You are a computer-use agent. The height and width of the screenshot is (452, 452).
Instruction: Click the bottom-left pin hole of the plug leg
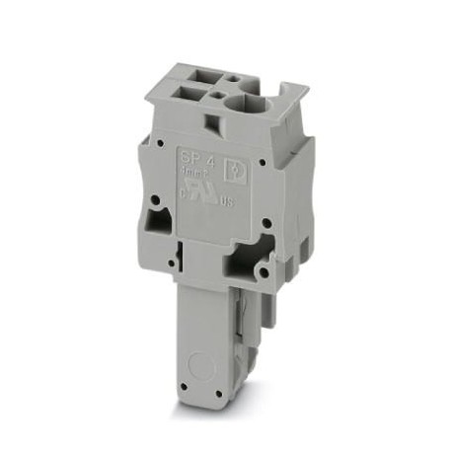click(x=185, y=379)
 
